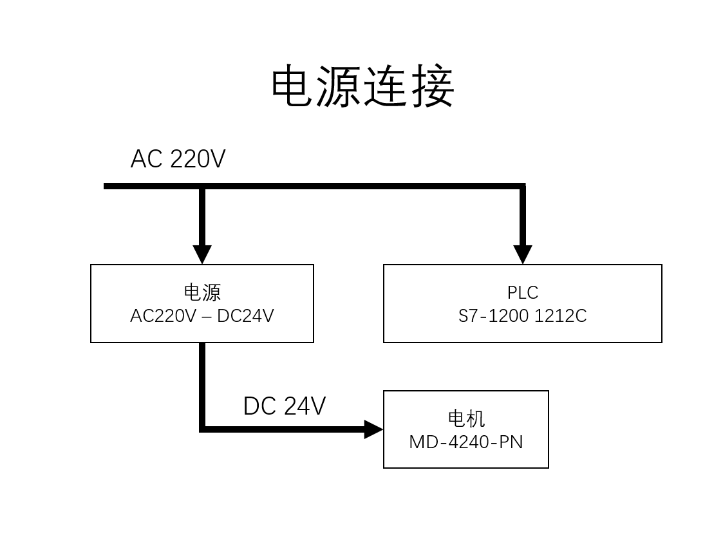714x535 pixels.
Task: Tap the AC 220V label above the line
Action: click(x=178, y=159)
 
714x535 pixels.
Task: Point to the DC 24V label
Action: click(x=284, y=406)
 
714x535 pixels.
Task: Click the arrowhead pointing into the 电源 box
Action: click(x=202, y=254)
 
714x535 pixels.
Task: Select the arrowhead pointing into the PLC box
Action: click(x=523, y=254)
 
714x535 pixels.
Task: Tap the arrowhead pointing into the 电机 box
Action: click(x=373, y=429)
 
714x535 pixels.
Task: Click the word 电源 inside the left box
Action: click(x=202, y=292)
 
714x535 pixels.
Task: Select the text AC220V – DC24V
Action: click(x=202, y=316)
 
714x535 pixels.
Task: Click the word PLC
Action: click(x=523, y=292)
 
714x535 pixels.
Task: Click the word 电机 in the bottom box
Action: click(x=466, y=418)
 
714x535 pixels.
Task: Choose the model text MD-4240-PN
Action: click(x=466, y=442)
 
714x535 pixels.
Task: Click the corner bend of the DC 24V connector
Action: click(x=203, y=429)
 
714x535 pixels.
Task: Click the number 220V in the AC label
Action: click(x=198, y=159)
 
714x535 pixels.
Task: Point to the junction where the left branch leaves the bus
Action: click(x=202, y=187)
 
